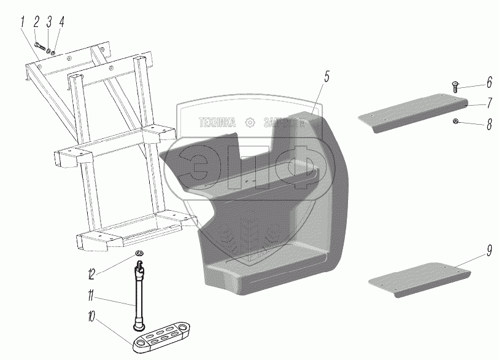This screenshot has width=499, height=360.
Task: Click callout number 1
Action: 23,23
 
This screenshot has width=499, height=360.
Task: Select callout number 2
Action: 36,23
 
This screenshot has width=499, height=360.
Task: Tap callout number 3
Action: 49,23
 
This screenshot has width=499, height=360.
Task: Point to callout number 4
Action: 61,23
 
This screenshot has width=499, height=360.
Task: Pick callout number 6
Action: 489,82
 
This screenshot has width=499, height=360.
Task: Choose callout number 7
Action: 489,102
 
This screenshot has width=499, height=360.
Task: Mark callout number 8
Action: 489,125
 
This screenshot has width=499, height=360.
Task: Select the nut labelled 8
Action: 455,121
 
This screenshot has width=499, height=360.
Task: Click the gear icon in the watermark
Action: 249,122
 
